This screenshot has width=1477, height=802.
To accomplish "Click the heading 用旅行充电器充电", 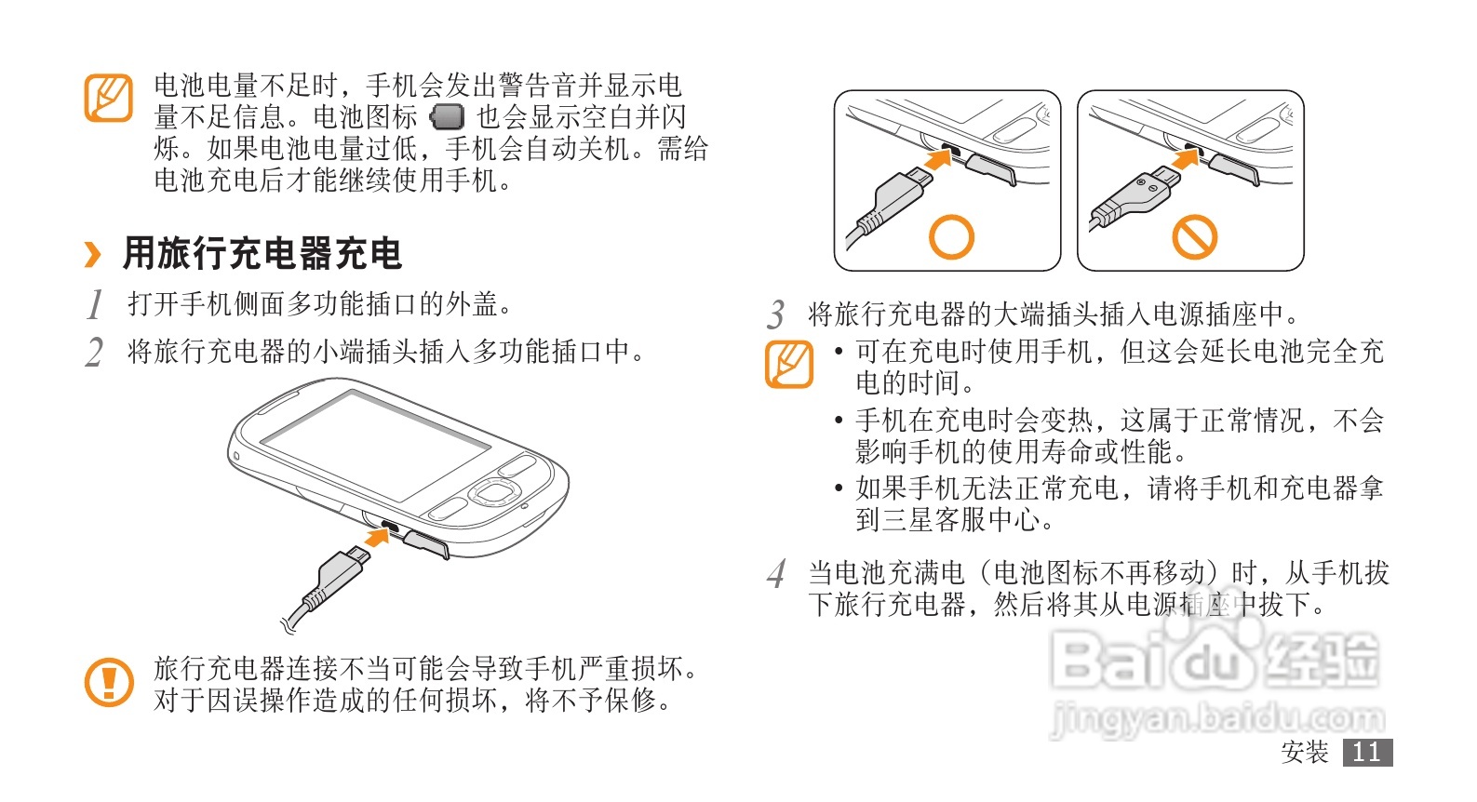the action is point(262,254).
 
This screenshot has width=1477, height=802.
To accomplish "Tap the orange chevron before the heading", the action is point(93,255).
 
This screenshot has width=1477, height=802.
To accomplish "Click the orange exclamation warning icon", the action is point(110,682).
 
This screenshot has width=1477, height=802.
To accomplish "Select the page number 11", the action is point(1367,752).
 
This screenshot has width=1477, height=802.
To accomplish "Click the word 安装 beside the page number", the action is point(1305,752).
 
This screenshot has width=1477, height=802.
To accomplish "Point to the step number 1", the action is point(95,304).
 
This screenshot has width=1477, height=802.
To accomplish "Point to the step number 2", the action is point(94,352).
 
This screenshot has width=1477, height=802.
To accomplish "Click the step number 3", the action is point(776,314).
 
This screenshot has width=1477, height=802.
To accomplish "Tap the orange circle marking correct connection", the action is point(951,236).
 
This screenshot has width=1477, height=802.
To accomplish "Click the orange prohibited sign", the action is point(1194,236).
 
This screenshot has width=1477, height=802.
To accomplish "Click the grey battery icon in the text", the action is point(447,117).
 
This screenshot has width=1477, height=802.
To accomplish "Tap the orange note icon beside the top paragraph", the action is point(109,98).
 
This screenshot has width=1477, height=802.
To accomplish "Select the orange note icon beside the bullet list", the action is point(789,364).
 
